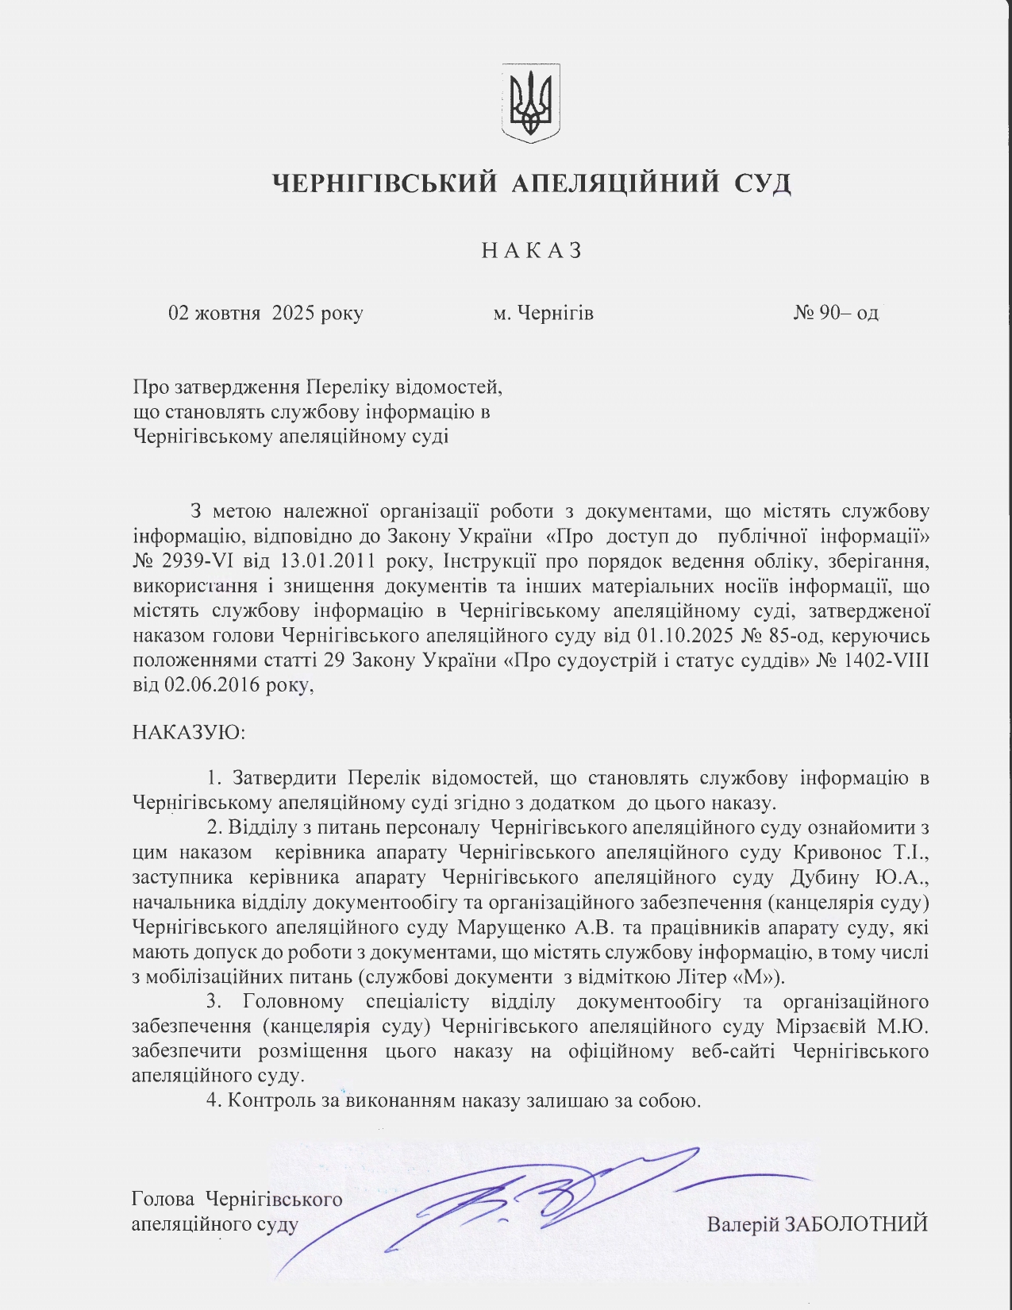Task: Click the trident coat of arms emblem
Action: [530, 103]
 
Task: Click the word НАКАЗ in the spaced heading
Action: [532, 250]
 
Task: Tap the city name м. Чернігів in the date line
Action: [543, 313]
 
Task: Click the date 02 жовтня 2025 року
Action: [265, 313]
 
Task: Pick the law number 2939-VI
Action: [199, 561]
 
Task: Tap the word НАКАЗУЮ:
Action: [189, 731]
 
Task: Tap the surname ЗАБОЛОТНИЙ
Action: [856, 1223]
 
